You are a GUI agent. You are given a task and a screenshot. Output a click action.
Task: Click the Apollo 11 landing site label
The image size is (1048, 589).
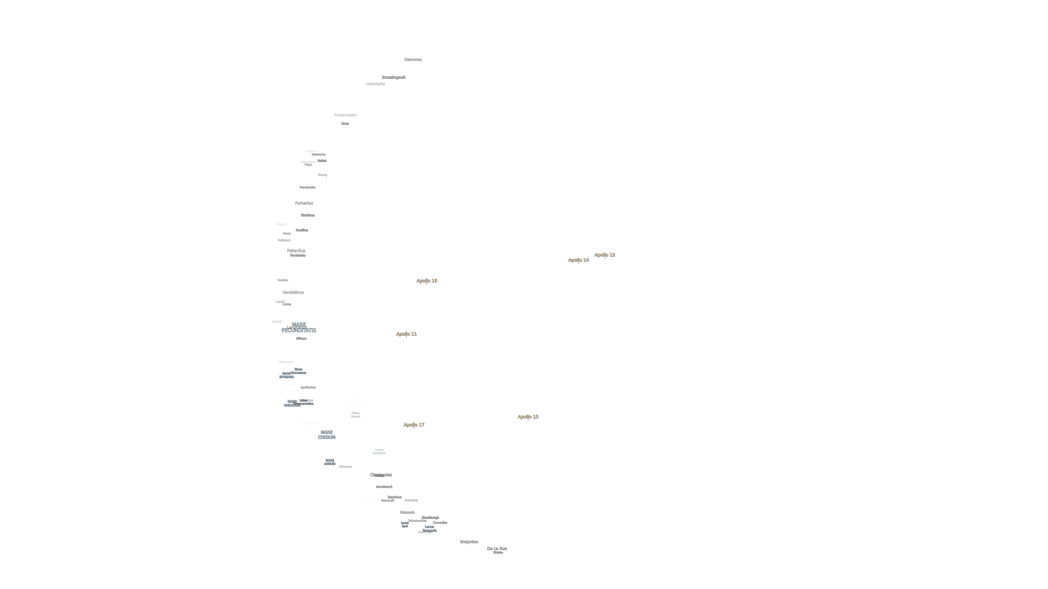(x=406, y=334)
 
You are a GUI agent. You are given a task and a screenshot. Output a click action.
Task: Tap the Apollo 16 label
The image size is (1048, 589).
(x=426, y=281)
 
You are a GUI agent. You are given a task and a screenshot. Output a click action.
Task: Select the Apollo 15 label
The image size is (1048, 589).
(x=528, y=417)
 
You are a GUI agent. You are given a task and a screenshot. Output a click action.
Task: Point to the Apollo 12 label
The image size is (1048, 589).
(x=605, y=255)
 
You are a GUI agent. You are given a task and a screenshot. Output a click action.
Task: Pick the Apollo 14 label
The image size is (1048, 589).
(x=578, y=260)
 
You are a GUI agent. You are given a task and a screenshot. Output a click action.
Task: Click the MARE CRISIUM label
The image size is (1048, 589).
(x=326, y=434)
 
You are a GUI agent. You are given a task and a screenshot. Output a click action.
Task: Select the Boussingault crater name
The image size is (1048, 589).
(x=393, y=77)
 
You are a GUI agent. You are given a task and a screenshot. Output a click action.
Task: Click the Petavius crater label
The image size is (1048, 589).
(x=296, y=250)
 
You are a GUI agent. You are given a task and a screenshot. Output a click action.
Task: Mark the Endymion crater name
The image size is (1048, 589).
(x=469, y=541)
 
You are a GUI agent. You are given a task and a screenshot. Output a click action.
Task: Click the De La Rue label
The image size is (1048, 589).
(x=496, y=548)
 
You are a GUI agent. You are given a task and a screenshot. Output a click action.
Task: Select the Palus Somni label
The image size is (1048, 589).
(x=355, y=415)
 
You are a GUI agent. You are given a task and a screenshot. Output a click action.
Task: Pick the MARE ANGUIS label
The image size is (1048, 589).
(x=330, y=462)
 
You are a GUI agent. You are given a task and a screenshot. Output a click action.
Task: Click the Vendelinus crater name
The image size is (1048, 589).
(x=293, y=292)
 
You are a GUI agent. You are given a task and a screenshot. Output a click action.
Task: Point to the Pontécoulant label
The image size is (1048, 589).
(x=345, y=115)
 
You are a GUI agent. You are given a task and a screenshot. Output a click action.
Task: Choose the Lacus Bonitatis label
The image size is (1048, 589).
(x=379, y=451)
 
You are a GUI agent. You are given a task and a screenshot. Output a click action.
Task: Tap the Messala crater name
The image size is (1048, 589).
(x=407, y=512)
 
